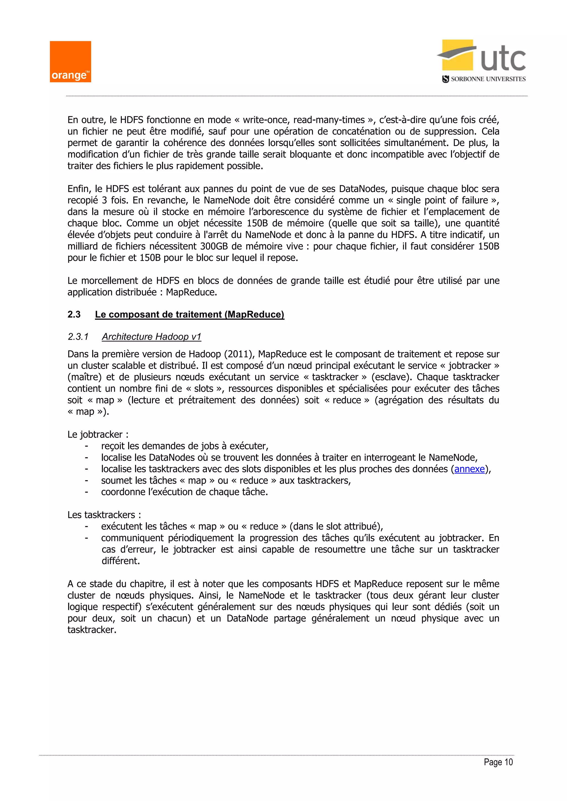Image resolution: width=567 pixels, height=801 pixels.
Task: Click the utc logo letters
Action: point(503,59)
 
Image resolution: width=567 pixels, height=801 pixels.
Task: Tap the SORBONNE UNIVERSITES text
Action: point(488,79)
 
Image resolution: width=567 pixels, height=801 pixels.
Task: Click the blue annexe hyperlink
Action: point(469,469)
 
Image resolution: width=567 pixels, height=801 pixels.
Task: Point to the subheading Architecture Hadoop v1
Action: point(151,337)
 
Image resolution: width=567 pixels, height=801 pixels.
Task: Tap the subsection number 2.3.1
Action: point(78,337)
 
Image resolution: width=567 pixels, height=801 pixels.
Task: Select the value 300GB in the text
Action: point(214,246)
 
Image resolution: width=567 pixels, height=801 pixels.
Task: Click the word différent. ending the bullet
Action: point(120,561)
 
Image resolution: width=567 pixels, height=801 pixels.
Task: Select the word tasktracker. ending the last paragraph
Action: point(91,630)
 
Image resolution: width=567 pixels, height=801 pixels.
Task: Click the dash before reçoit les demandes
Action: point(86,446)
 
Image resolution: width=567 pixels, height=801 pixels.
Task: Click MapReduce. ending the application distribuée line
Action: point(191,292)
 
